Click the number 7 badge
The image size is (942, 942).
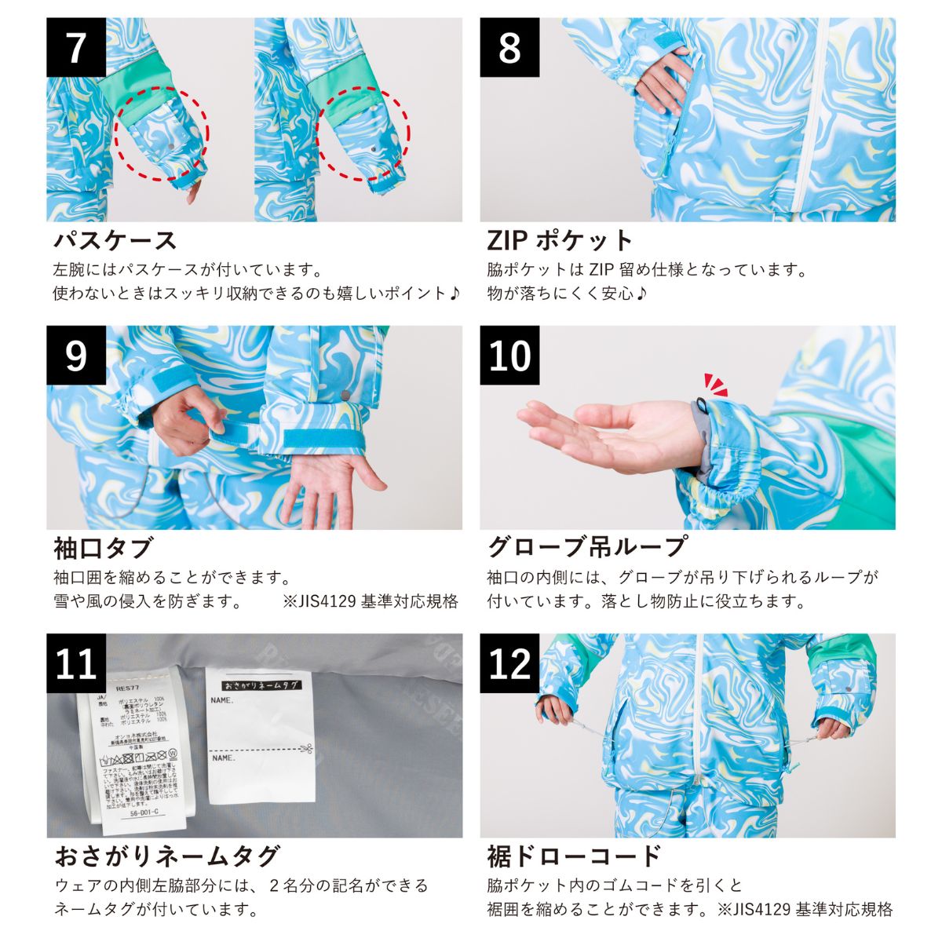(x=76, y=48)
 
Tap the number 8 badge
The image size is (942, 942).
(x=509, y=48)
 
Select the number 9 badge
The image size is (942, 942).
(x=76, y=356)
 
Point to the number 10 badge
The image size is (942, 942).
(x=509, y=356)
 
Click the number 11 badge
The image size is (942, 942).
(x=76, y=664)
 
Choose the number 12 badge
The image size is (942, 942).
(x=509, y=664)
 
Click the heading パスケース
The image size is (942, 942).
(x=115, y=239)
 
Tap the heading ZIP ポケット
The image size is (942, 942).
(x=559, y=239)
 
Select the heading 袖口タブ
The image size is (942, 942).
(x=103, y=547)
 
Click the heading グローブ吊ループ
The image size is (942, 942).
(x=587, y=547)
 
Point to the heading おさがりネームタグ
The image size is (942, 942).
(x=166, y=855)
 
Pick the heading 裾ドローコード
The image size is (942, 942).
(x=574, y=855)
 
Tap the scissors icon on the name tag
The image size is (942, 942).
(x=306, y=747)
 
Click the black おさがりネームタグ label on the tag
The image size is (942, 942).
(x=260, y=685)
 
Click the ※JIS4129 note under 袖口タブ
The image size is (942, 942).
(x=370, y=602)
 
